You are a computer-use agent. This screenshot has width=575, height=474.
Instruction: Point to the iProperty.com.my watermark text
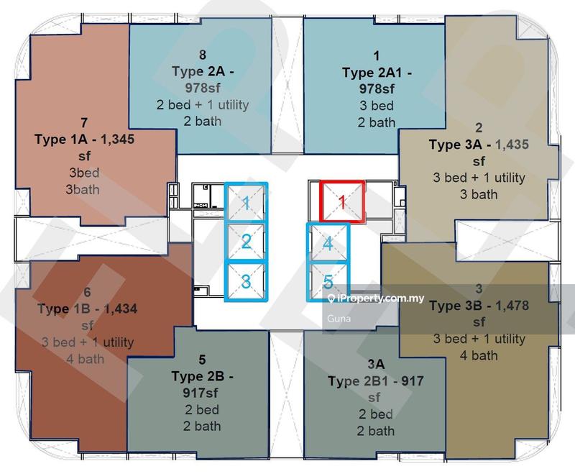[376, 298]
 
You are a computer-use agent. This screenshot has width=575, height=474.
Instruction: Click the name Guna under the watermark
[339, 319]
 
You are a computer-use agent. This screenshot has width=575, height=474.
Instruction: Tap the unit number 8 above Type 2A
[203, 55]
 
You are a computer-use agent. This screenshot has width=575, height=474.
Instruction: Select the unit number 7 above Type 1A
[84, 122]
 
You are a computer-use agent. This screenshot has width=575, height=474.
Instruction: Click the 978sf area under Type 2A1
[377, 88]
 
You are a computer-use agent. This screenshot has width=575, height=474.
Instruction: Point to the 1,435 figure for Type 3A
[512, 145]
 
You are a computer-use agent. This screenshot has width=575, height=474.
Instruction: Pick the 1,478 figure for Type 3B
[512, 306]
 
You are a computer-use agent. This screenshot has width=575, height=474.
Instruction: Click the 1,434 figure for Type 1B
[121, 309]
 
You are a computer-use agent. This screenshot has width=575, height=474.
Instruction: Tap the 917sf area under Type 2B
[201, 393]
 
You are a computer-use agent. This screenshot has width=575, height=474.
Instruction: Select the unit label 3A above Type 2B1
[376, 364]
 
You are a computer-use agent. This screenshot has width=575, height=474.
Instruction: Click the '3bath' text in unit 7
[83, 190]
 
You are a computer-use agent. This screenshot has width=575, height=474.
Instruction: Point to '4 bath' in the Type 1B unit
[86, 359]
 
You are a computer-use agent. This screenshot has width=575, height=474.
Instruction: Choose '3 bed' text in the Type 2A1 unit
[377, 106]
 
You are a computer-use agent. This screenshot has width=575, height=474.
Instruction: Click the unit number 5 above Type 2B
[202, 360]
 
